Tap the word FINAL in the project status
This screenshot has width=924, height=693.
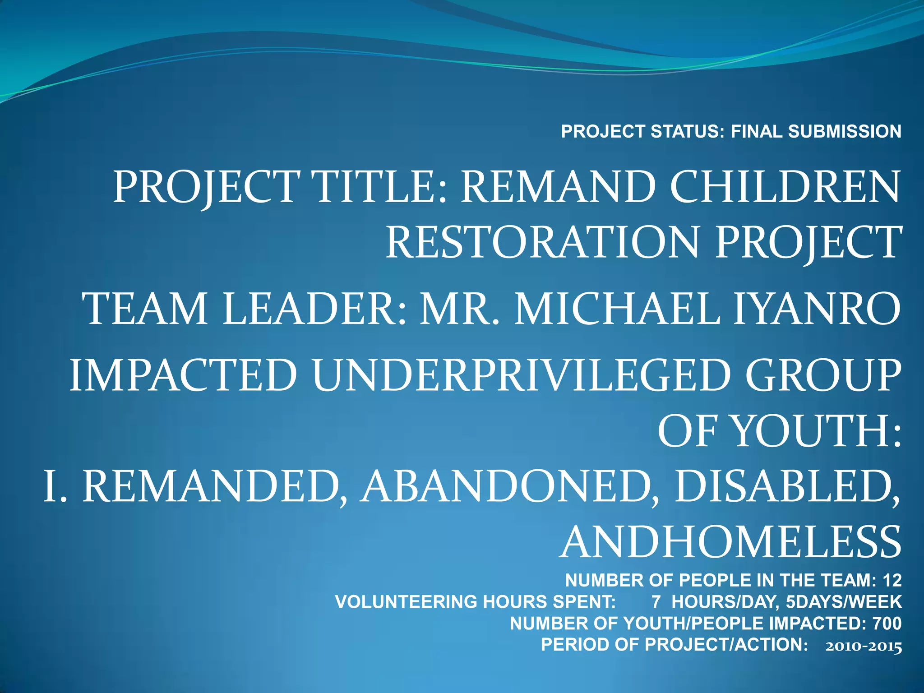[756, 132]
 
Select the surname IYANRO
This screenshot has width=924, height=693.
[817, 309]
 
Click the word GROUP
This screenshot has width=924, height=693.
[822, 375]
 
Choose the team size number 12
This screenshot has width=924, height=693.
[892, 581]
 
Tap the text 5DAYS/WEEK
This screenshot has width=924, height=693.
[843, 602]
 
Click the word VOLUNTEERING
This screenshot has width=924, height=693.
[406, 602]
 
